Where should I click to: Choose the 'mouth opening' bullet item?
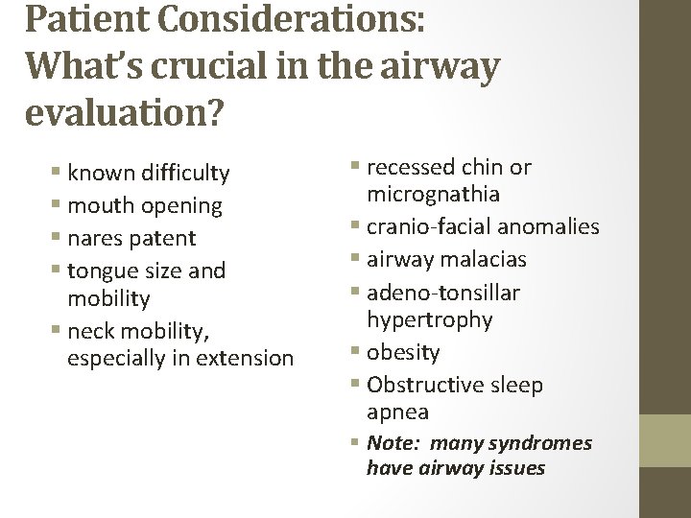(x=144, y=205)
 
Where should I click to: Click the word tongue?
(x=104, y=271)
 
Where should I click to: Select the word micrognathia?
(x=433, y=195)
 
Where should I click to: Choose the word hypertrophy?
(x=429, y=318)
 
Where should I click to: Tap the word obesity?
(x=403, y=352)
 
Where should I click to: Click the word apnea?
(x=397, y=412)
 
